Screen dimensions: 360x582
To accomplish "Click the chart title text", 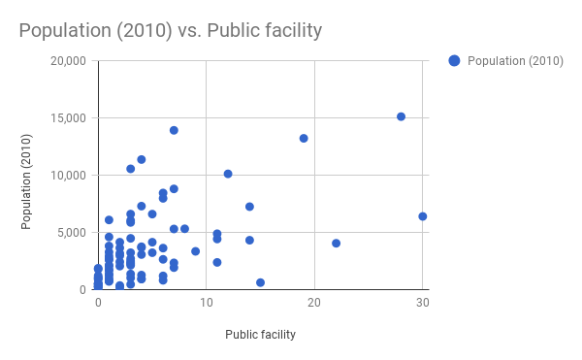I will coord(170,31).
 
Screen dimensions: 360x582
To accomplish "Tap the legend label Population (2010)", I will coord(515,61).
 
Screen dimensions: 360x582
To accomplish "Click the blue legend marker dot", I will coord(454,61).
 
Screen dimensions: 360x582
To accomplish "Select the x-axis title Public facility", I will coord(260,335).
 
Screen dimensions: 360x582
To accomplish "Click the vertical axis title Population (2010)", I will coord(28,176).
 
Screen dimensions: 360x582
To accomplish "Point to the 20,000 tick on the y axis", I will coord(68,61).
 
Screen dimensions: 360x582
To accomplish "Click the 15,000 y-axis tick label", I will coord(68,118).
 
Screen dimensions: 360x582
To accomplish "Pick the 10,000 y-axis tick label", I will coord(68,176).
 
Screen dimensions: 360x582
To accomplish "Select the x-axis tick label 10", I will coord(206,304).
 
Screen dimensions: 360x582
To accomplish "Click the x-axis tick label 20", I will coord(314,304).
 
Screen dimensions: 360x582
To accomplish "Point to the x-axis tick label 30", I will coord(422,304).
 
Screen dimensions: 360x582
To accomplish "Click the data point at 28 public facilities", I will coord(401,116).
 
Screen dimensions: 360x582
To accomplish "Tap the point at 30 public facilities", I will coord(422,216).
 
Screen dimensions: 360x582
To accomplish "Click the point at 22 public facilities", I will coord(336,244).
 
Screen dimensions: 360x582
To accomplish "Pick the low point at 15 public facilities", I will coord(260,282).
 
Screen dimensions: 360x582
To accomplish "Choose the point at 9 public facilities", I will coord(195,251).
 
